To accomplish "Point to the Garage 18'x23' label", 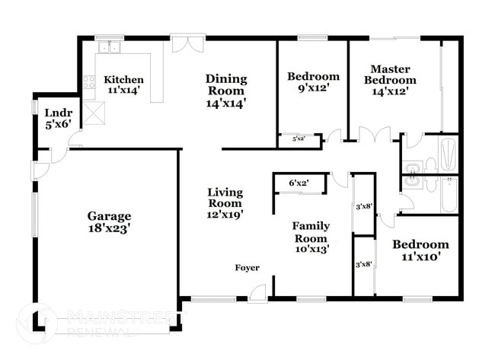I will pos(108,221).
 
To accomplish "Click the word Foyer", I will pos(247,268).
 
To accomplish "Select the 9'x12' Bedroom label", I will pos(313,82).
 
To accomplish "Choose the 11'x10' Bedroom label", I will pos(420,250).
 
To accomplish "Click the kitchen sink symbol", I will pos(110,49).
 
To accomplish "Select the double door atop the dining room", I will pos(187,43).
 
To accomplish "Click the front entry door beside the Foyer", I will pos(257,291).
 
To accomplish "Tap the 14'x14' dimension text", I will pos(226,101).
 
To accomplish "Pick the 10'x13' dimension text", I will pos(311,249).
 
